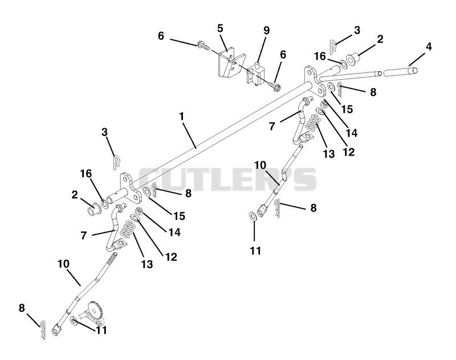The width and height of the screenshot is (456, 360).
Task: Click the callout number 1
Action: pyautogui.click(x=182, y=117)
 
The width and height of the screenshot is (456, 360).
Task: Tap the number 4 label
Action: pyautogui.click(x=429, y=47)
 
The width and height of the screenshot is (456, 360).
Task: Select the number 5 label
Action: pyautogui.click(x=220, y=28)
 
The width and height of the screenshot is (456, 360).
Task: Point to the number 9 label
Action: pyautogui.click(x=266, y=30)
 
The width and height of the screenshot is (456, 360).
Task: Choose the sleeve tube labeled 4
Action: pyautogui.click(x=401, y=71)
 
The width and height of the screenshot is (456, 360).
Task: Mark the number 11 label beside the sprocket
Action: pyautogui.click(x=101, y=330)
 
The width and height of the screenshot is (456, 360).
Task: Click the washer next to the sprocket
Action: pyautogui.click(x=74, y=321)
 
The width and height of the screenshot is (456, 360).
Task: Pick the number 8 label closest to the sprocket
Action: pyautogui.click(x=22, y=308)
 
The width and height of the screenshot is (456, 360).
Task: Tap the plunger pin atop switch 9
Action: pyautogui.click(x=258, y=64)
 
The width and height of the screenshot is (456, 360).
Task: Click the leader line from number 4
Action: pyautogui.click(x=417, y=60)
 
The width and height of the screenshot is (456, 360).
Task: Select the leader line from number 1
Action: pyautogui.click(x=189, y=135)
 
